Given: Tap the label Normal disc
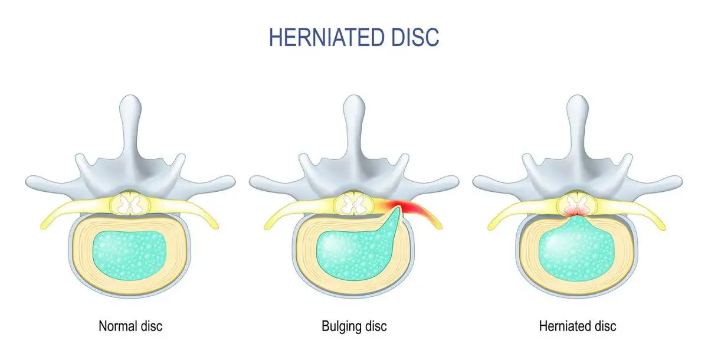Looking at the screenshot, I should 130,325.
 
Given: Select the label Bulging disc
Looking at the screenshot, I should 354,325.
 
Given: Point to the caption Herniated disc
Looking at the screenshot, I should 578,325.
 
